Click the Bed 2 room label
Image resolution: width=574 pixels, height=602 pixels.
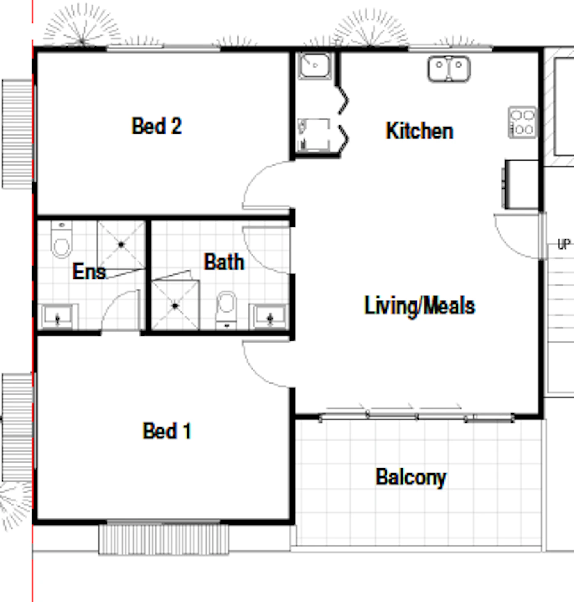[157, 126]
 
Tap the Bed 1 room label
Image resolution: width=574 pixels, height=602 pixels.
[167, 431]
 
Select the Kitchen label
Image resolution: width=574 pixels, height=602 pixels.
[419, 131]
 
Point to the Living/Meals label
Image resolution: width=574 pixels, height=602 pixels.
[419, 305]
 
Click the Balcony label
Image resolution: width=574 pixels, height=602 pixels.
[411, 477]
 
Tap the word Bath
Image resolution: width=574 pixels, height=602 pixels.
[224, 262]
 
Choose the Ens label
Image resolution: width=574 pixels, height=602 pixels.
[89, 271]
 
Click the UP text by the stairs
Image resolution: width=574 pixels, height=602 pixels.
[564, 244]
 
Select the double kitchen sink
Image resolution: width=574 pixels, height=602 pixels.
[449, 69]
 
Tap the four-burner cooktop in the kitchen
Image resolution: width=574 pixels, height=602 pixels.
[522, 122]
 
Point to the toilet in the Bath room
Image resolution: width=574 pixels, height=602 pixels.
[226, 310]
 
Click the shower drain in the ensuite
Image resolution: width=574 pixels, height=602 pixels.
[121, 244]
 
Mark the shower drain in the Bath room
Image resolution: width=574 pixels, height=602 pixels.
[175, 306]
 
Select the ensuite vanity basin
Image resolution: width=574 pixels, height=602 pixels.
[58, 317]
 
